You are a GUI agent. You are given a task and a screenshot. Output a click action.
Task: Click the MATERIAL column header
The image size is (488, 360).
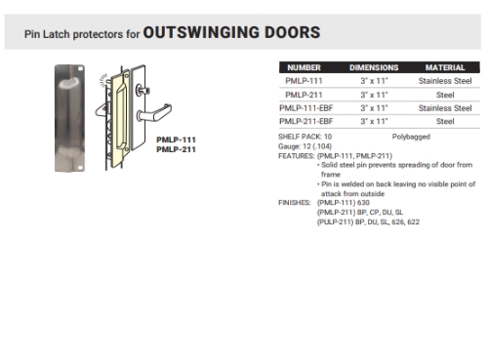click(x=444, y=67)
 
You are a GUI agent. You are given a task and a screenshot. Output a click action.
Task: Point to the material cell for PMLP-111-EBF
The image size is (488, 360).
click(x=444, y=107)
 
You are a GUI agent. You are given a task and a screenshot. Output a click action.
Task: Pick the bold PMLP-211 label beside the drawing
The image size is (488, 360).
click(x=176, y=149)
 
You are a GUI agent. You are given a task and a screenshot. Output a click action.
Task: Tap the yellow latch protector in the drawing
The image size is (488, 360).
click(x=123, y=117)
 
